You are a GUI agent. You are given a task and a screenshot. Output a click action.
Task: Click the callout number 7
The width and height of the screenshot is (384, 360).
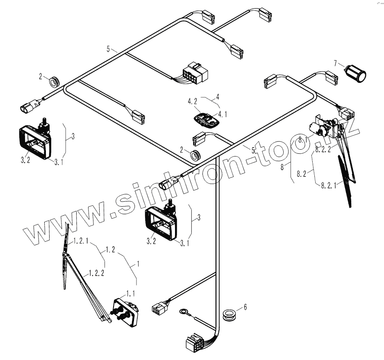coord(336,63)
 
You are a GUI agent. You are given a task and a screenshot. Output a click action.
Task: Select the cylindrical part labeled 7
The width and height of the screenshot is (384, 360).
coord(356,73)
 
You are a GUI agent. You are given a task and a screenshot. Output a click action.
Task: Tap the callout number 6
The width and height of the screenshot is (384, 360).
coord(245,306)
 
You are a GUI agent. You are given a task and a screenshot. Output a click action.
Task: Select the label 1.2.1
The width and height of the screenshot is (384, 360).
coord(81,242)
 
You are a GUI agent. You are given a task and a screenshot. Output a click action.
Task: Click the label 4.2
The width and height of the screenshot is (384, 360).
coord(193,100)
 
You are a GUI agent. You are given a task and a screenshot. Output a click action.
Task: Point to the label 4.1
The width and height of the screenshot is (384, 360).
coord(223,113)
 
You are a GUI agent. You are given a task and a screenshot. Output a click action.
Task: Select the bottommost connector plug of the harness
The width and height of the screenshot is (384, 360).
coord(194,344)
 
